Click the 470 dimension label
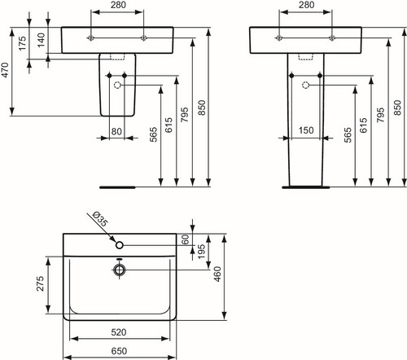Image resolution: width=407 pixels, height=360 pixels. tap(6, 70)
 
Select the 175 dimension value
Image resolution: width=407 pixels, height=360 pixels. tap(22, 43)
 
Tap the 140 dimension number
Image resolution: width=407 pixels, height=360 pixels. tap(41, 40)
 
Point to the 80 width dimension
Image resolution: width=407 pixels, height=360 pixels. tap(116, 131)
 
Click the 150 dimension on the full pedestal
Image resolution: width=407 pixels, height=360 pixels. tap(306, 130)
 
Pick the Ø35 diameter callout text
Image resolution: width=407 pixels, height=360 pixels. tap(100, 219)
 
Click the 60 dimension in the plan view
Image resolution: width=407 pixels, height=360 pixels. tap(185, 239)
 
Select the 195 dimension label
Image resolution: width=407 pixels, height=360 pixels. tap(201, 252)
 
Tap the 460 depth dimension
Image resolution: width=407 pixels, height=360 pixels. tap(217, 274)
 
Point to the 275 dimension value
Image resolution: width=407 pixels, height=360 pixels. tap(40, 283)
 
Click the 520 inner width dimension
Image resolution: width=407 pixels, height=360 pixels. tap(119, 332)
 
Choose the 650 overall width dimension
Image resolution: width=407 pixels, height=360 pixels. tap(119, 351)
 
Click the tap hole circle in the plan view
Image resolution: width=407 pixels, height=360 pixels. tap(120, 245)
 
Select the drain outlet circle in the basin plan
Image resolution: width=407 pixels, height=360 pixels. tap(119, 270)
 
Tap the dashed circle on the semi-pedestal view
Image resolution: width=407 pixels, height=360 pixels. tap(117, 86)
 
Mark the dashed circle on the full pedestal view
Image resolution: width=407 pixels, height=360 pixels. tap(306, 86)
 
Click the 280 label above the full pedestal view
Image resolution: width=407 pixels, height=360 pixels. tap(307, 5)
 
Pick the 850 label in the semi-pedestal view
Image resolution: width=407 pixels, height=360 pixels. tap(202, 108)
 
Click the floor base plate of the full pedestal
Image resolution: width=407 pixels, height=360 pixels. tap(306, 187)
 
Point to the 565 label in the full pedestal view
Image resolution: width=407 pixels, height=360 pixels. tap(348, 134)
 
